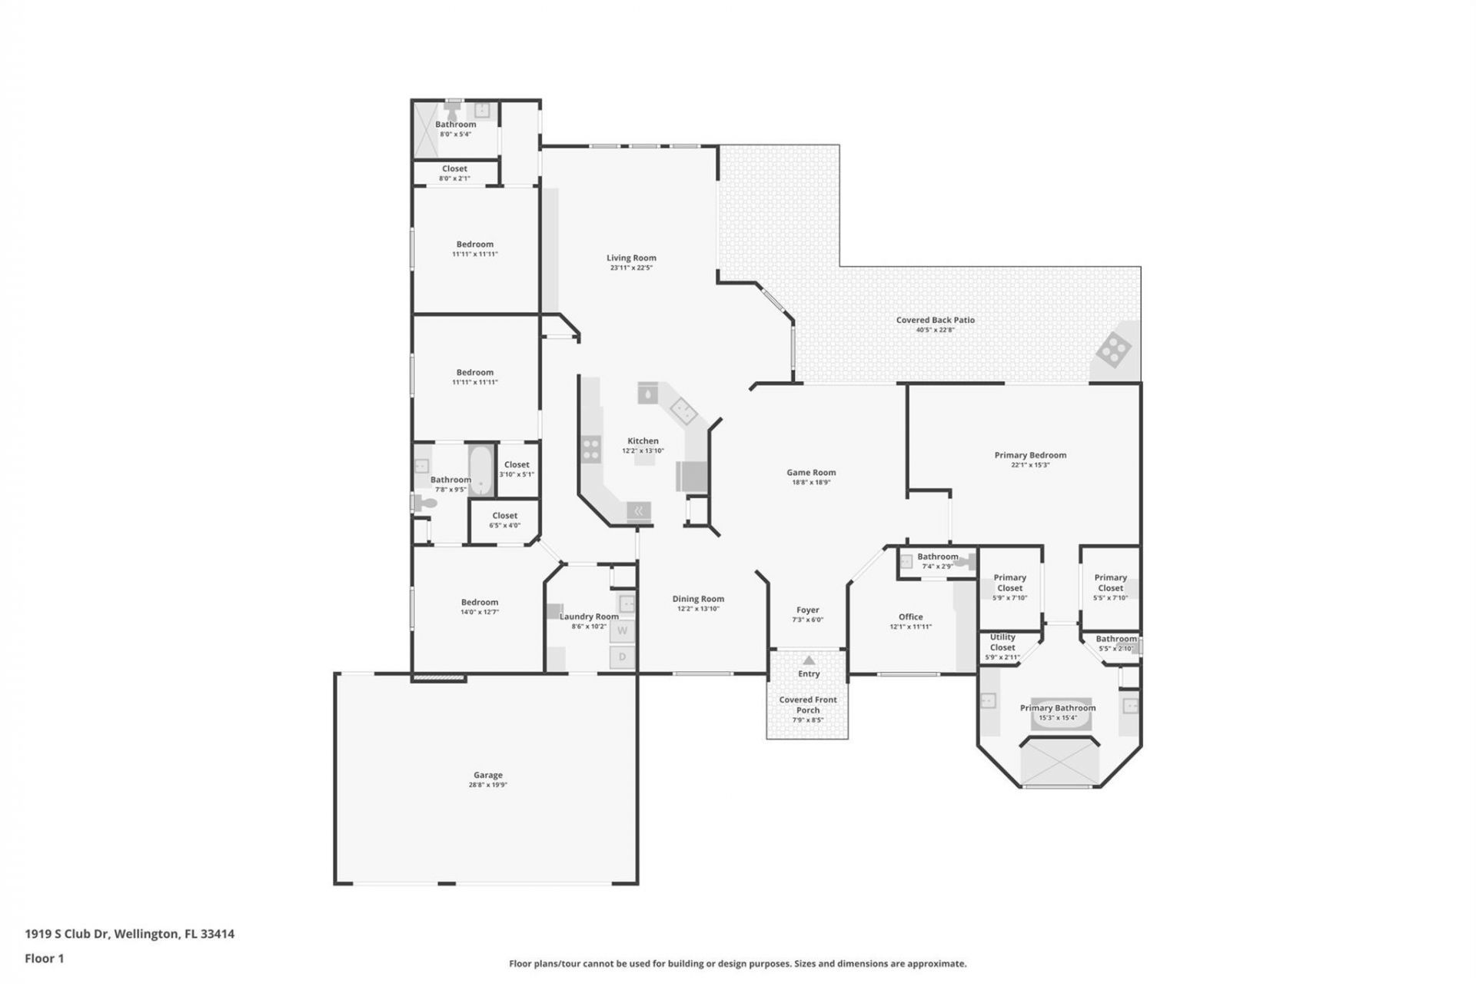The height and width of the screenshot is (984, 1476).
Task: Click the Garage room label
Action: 487,776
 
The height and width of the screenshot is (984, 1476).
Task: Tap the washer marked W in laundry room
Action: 623,631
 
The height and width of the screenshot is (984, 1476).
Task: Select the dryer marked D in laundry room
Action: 623,657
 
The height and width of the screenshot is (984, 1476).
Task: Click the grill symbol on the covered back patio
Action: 1113,351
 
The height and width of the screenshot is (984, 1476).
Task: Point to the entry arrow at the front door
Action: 809,660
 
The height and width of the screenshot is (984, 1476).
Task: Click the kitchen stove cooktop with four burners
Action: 590,449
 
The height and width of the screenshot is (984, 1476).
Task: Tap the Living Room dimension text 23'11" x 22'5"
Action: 631,268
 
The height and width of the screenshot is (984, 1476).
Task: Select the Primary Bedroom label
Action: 1030,455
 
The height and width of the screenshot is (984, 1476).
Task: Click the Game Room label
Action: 811,473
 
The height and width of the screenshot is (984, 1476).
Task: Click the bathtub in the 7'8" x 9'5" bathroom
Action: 481,470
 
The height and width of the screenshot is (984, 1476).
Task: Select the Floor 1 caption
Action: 45,959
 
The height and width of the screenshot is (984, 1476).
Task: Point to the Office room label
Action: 911,617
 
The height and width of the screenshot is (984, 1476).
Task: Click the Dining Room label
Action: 698,599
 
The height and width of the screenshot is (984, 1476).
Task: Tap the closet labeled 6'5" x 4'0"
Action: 505,520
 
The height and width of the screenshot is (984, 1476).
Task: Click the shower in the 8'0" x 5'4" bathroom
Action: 427,130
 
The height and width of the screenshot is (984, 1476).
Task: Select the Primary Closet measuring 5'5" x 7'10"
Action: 1110,587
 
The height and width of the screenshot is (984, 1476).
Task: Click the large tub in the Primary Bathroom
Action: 1059,762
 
